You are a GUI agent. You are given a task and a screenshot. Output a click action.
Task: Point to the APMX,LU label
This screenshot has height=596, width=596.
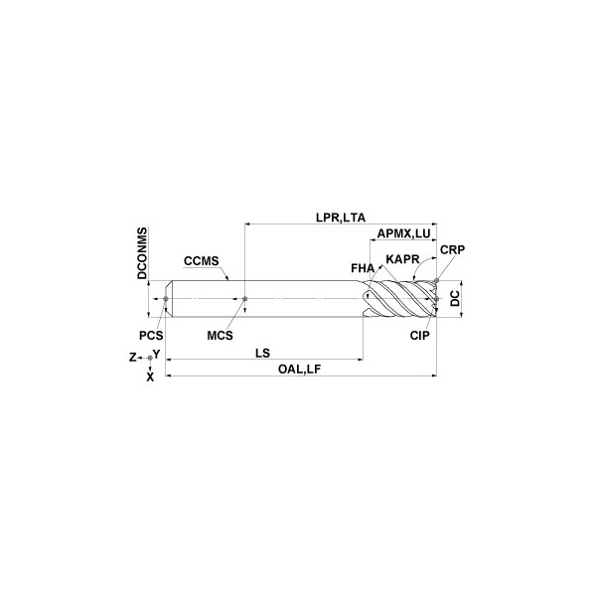point(404,234)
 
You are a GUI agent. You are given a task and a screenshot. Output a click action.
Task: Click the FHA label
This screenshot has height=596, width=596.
point(363,267)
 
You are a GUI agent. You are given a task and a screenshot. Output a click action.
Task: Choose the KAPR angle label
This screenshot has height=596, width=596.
point(401,259)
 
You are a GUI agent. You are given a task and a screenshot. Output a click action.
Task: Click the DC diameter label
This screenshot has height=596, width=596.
point(453,298)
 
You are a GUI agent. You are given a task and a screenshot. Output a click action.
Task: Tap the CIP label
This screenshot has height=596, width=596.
point(419,336)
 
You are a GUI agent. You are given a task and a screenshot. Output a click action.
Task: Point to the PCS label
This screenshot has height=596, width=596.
point(151,336)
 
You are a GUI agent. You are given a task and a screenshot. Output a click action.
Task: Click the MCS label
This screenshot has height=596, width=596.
point(221,336)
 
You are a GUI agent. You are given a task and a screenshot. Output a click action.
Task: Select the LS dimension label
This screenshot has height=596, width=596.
point(263,353)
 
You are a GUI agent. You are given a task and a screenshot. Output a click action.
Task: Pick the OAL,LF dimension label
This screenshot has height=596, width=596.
point(299,369)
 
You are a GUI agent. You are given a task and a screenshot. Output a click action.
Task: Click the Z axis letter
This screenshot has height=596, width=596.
point(132,356)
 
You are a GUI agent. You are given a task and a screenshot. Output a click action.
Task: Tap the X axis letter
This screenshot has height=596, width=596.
point(150,376)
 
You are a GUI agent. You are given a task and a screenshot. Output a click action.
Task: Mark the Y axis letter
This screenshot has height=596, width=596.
point(157,353)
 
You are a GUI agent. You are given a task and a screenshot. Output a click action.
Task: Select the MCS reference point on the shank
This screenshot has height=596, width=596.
point(244,298)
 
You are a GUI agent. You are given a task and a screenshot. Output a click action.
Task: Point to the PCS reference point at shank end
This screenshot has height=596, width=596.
point(167,298)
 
